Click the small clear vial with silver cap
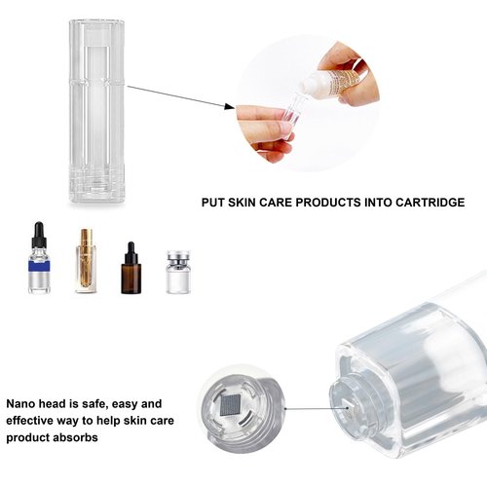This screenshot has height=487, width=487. click(x=177, y=272)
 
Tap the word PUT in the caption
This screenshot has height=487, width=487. click(x=214, y=203)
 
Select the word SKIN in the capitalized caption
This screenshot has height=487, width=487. click(x=247, y=203)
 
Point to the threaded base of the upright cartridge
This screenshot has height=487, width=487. click(x=96, y=185)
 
